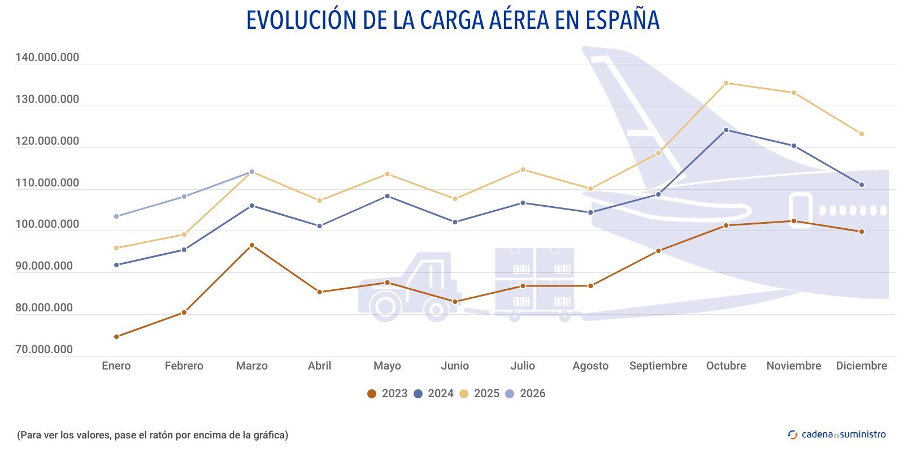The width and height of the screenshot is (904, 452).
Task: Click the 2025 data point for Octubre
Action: pyautogui.click(x=726, y=83)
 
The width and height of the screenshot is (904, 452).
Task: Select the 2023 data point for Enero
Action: pyautogui.click(x=116, y=337)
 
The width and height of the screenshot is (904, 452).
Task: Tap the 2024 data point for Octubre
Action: pyautogui.click(x=726, y=130)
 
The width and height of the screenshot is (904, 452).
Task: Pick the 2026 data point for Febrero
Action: pyautogui.click(x=184, y=197)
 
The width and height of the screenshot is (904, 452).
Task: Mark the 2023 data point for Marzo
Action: pyautogui.click(x=252, y=245)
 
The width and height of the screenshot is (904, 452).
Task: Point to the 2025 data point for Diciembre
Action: pyautogui.click(x=862, y=134)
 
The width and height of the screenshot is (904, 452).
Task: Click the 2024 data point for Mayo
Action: pyautogui.click(x=387, y=196)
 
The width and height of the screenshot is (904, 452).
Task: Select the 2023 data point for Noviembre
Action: pyautogui.click(x=794, y=221)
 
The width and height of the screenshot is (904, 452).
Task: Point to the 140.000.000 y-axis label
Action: pyautogui.click(x=47, y=58)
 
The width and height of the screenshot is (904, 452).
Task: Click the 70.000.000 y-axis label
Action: pyautogui.click(x=44, y=350)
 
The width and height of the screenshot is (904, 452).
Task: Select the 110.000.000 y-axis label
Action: pyautogui.click(x=47, y=183)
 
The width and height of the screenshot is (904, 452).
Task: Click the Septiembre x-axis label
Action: pyautogui.click(x=658, y=366)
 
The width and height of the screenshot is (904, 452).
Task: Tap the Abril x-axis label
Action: pyautogui.click(x=319, y=366)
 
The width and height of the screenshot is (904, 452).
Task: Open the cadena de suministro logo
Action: pyautogui.click(x=837, y=434)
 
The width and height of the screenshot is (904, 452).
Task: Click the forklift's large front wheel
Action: pyautogui.click(x=385, y=307)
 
